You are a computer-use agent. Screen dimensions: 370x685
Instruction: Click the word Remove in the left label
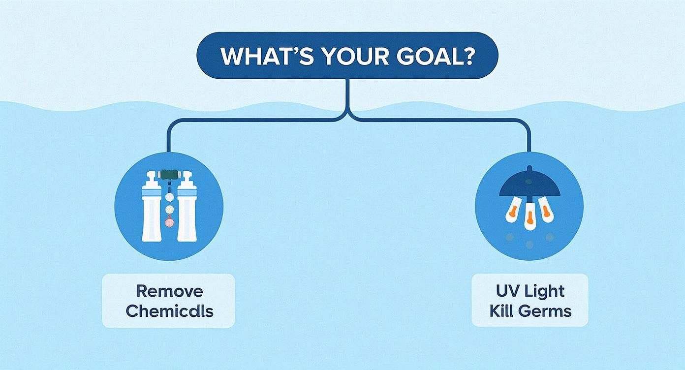(169, 291)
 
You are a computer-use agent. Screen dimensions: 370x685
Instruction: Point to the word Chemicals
(169, 311)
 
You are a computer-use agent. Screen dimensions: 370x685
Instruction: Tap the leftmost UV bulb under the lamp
(513, 211)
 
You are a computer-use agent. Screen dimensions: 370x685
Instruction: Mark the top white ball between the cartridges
(169, 196)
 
